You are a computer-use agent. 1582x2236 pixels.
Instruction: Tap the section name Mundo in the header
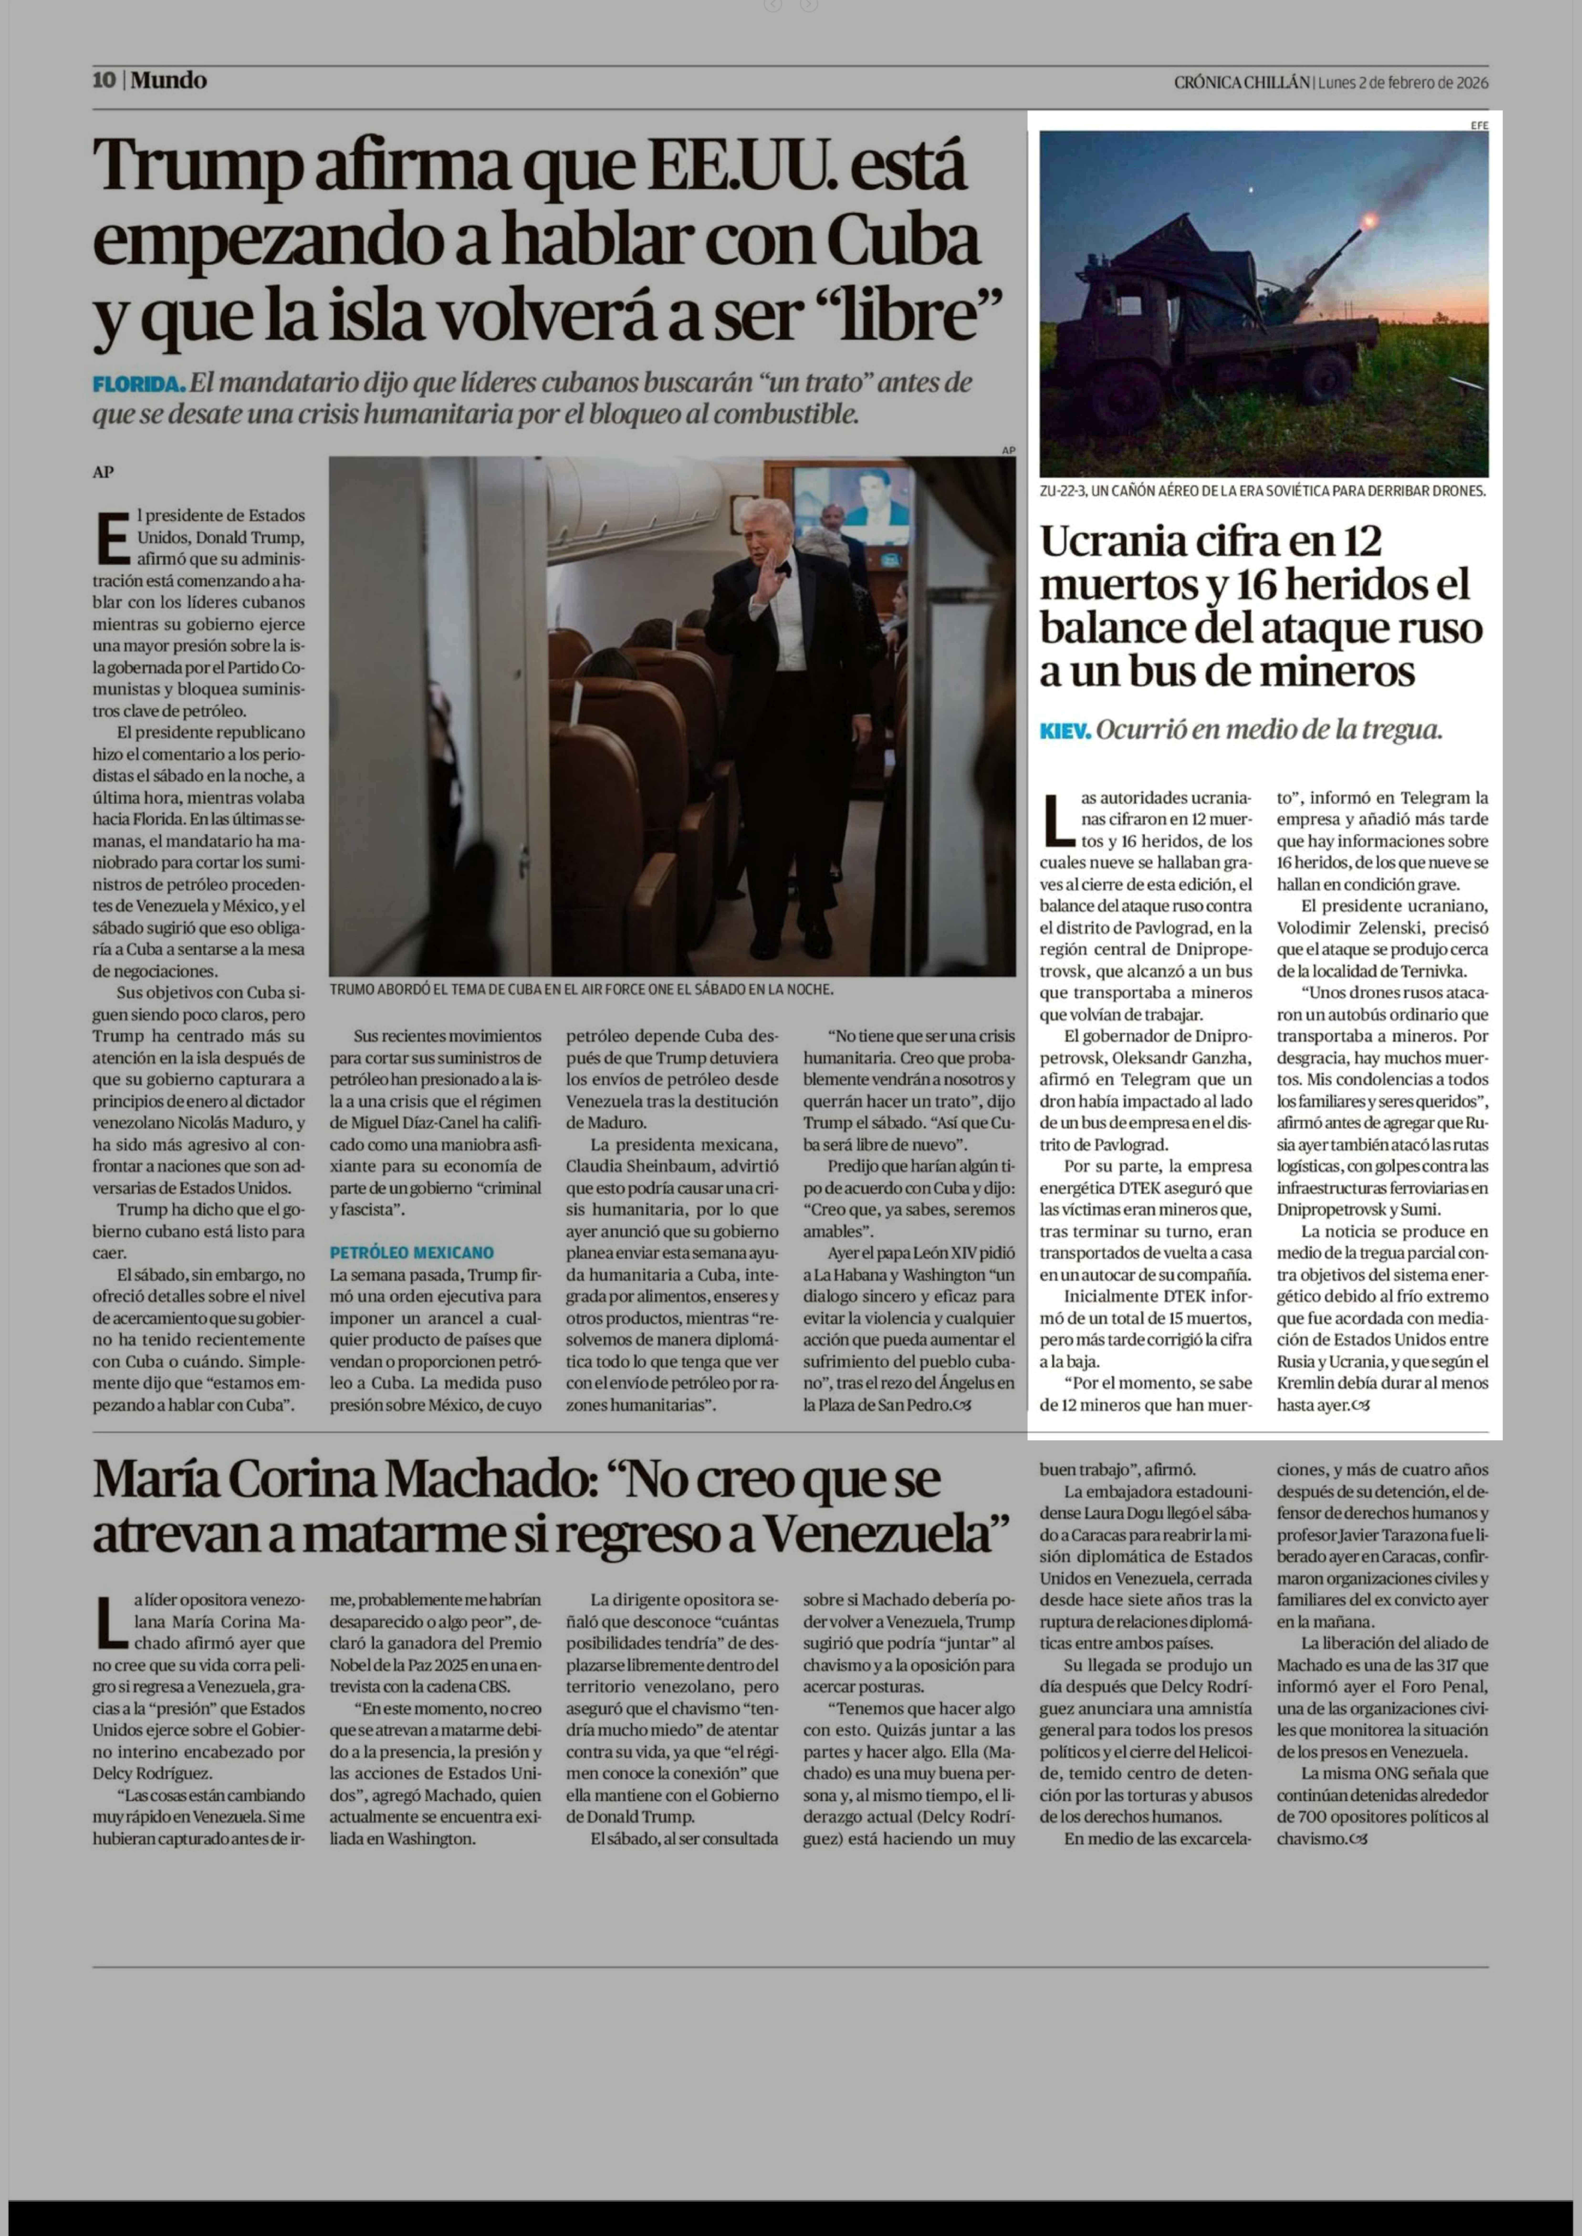168,81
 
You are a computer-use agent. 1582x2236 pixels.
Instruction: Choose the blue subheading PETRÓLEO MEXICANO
411,1252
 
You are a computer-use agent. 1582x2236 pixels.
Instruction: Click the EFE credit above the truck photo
1479,125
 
